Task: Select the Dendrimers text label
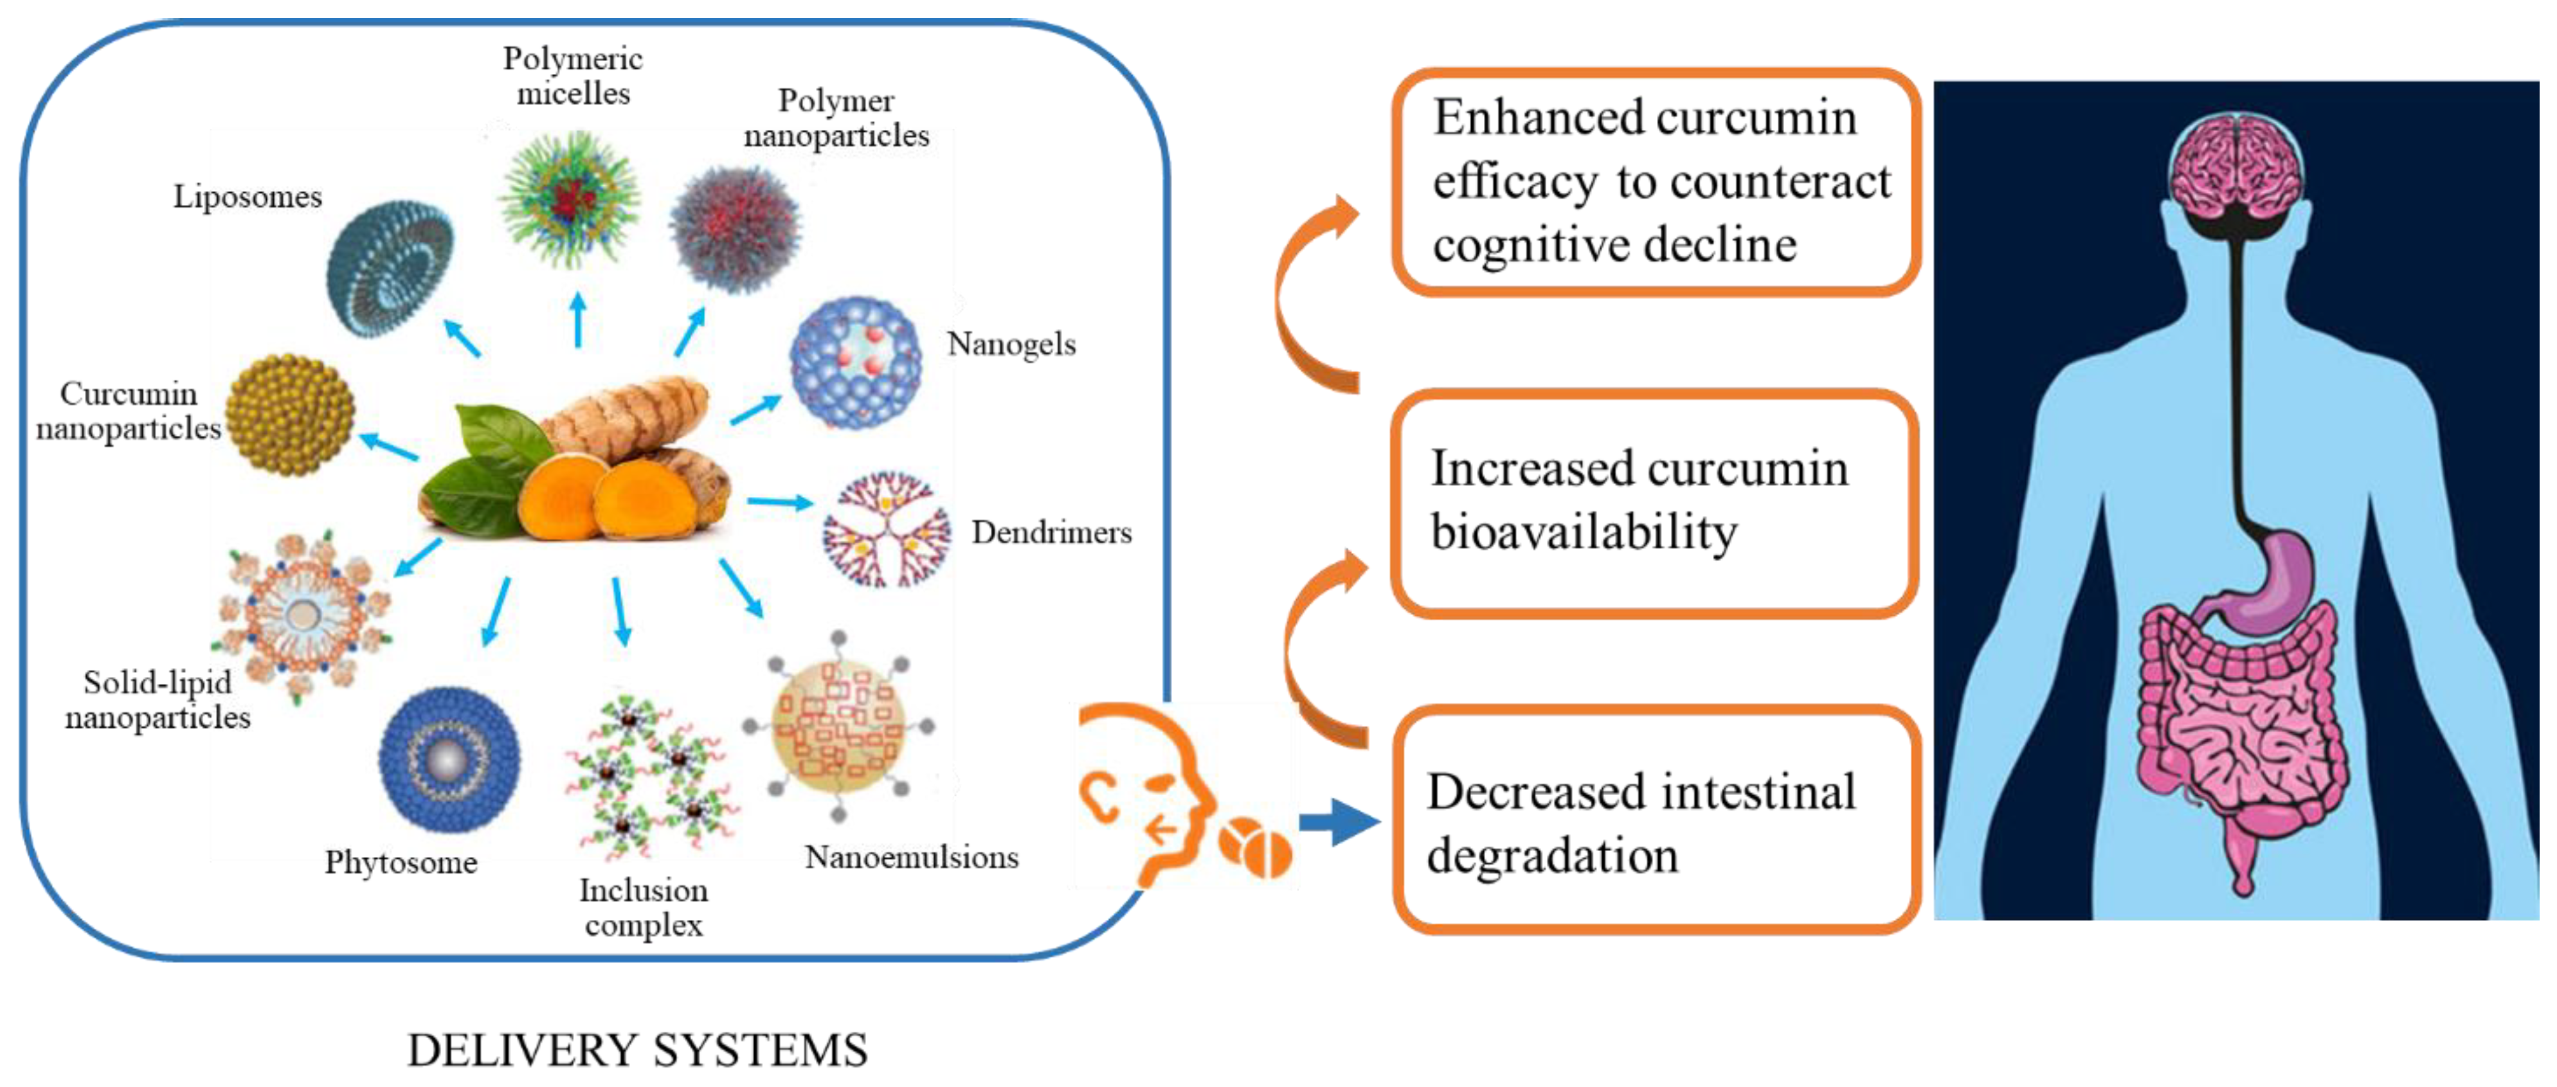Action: click(1051, 532)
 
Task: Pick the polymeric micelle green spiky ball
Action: click(569, 199)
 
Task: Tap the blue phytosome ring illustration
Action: click(449, 759)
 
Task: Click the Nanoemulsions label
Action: click(911, 857)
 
